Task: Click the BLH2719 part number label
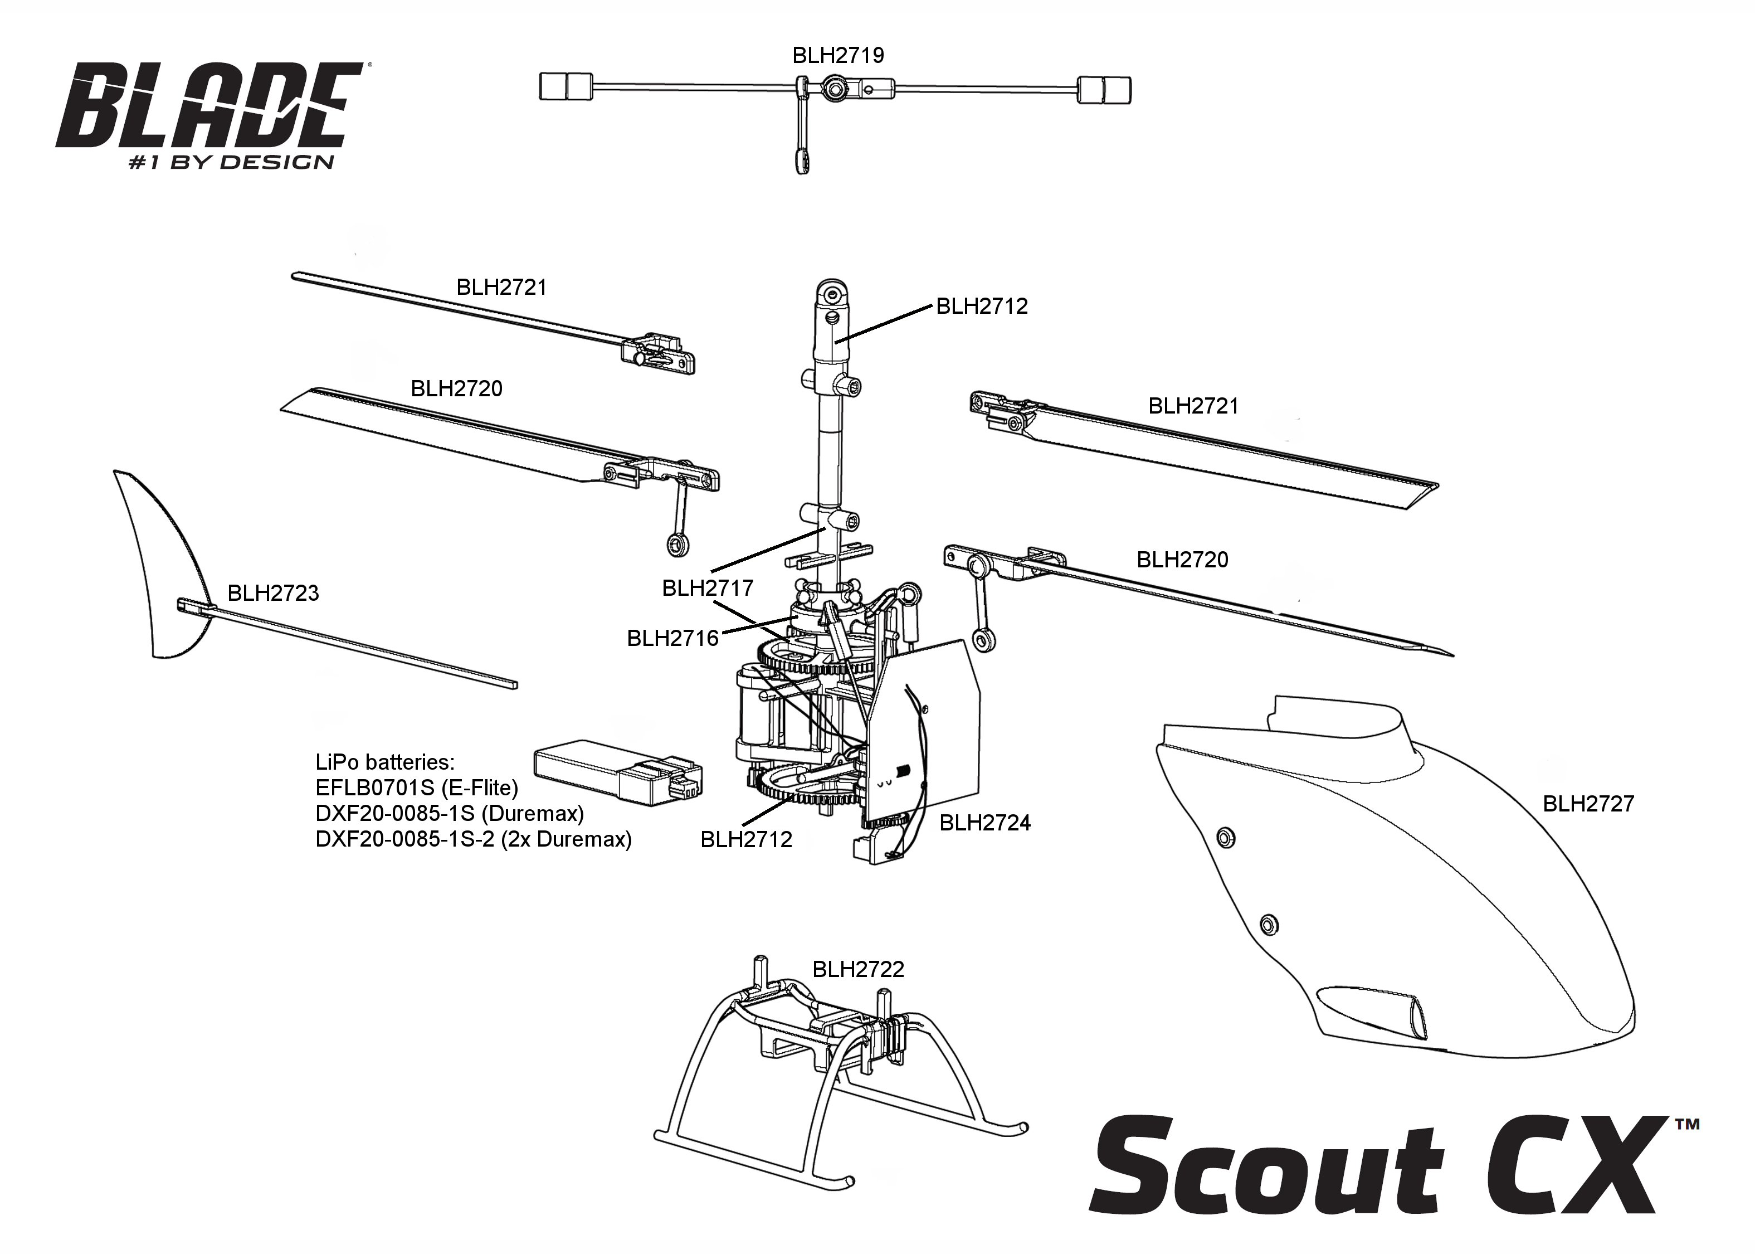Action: [838, 56]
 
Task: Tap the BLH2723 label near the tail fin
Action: [273, 593]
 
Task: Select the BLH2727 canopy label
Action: [1588, 804]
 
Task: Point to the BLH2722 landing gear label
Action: [858, 969]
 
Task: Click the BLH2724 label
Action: [985, 823]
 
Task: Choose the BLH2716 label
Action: [673, 639]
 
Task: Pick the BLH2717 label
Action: [708, 589]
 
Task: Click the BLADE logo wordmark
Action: [210, 106]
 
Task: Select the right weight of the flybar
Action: [1104, 90]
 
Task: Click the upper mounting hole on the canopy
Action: [1226, 838]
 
